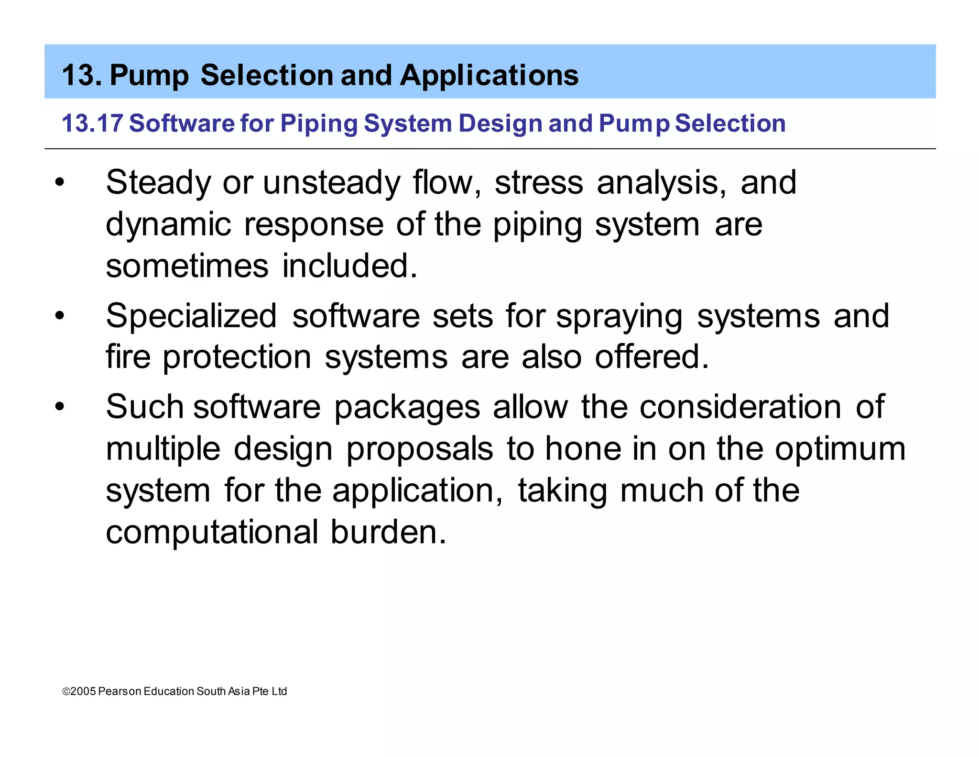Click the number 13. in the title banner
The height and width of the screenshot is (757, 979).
click(x=82, y=75)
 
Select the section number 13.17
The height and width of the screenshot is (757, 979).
click(x=92, y=123)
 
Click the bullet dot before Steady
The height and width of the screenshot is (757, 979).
click(x=59, y=183)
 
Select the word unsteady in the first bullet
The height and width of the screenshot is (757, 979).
click(x=332, y=183)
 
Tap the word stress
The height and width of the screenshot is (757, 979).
click(x=539, y=183)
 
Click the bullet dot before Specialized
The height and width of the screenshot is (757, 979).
click(x=59, y=316)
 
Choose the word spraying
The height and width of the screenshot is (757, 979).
click(x=620, y=317)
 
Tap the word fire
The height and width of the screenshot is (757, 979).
click(x=128, y=357)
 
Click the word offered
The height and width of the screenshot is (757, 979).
click(x=652, y=357)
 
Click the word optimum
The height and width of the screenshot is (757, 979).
click(x=840, y=450)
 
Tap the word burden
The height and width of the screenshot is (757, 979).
click(x=388, y=532)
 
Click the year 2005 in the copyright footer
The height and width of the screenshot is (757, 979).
click(x=83, y=691)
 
